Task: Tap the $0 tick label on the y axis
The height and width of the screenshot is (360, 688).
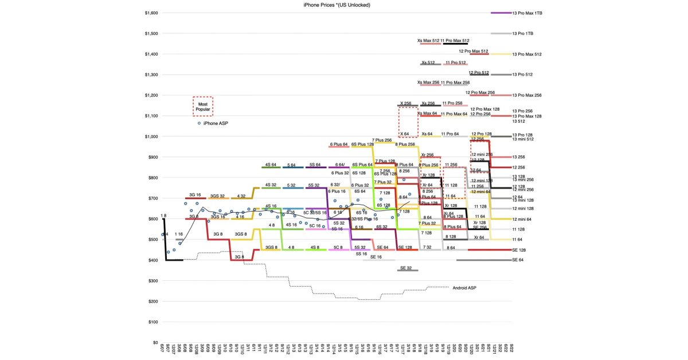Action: click(155, 343)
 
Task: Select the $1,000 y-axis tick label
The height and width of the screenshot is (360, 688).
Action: click(151, 136)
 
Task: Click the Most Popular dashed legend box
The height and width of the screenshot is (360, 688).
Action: click(203, 106)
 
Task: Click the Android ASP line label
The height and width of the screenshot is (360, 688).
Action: click(464, 288)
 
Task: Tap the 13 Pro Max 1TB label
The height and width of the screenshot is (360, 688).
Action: click(526, 13)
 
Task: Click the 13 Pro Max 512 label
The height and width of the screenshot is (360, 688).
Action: click(526, 54)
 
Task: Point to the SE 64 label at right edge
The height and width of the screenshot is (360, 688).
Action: click(518, 260)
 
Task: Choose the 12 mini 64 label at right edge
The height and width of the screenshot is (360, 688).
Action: click(523, 218)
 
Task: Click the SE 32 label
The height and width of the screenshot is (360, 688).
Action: click(406, 268)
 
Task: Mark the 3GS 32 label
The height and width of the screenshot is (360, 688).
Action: click(217, 196)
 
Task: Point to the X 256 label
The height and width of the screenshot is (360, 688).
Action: click(405, 104)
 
